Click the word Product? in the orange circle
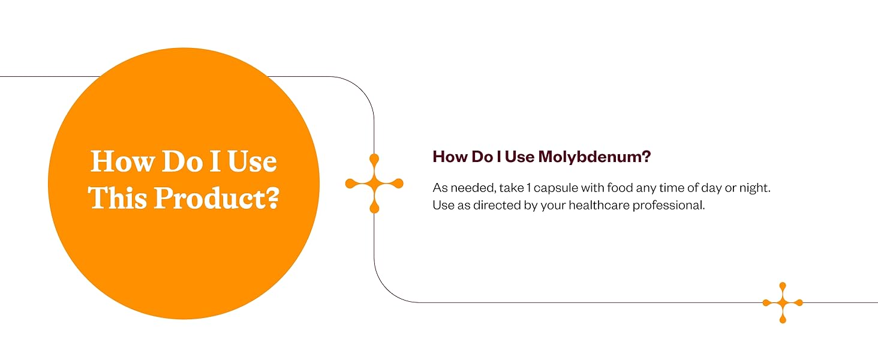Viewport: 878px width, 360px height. tap(217, 198)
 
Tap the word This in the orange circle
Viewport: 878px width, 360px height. tap(117, 197)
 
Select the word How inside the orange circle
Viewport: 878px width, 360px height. tap(122, 161)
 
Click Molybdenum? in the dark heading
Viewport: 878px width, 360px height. tap(594, 157)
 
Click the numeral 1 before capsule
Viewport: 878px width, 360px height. tap(529, 188)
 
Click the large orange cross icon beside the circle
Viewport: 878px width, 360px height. tap(374, 184)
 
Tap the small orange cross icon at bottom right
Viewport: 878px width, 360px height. tap(783, 303)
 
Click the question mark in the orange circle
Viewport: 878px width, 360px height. tap(275, 198)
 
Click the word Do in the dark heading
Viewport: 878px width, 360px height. tap(482, 157)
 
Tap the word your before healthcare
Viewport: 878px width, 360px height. tap(553, 206)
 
